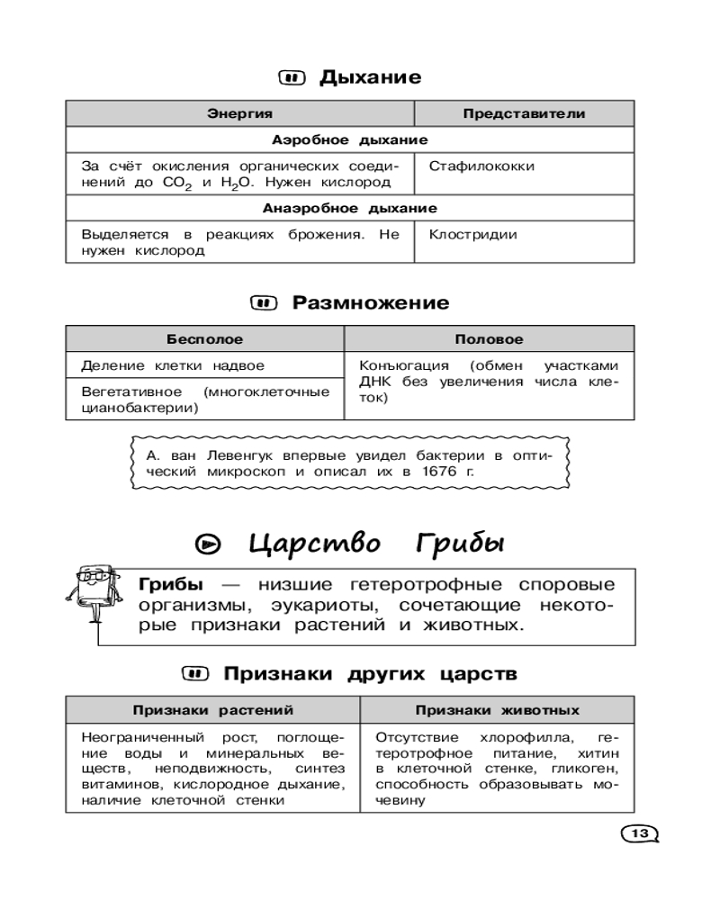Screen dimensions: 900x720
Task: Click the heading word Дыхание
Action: (x=370, y=77)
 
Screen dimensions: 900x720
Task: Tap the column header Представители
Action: (x=524, y=114)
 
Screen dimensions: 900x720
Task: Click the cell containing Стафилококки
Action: (x=481, y=166)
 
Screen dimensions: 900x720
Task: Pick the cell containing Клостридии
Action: (x=472, y=235)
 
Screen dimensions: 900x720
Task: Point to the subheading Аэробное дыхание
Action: (x=349, y=140)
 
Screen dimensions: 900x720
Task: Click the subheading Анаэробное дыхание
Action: (x=349, y=209)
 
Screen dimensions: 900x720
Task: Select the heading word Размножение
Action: (x=371, y=302)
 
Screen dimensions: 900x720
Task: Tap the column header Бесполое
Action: (x=204, y=340)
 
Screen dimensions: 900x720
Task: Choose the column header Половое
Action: (x=489, y=340)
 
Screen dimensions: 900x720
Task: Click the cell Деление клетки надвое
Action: (x=173, y=366)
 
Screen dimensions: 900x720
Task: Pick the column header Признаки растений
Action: (x=213, y=710)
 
